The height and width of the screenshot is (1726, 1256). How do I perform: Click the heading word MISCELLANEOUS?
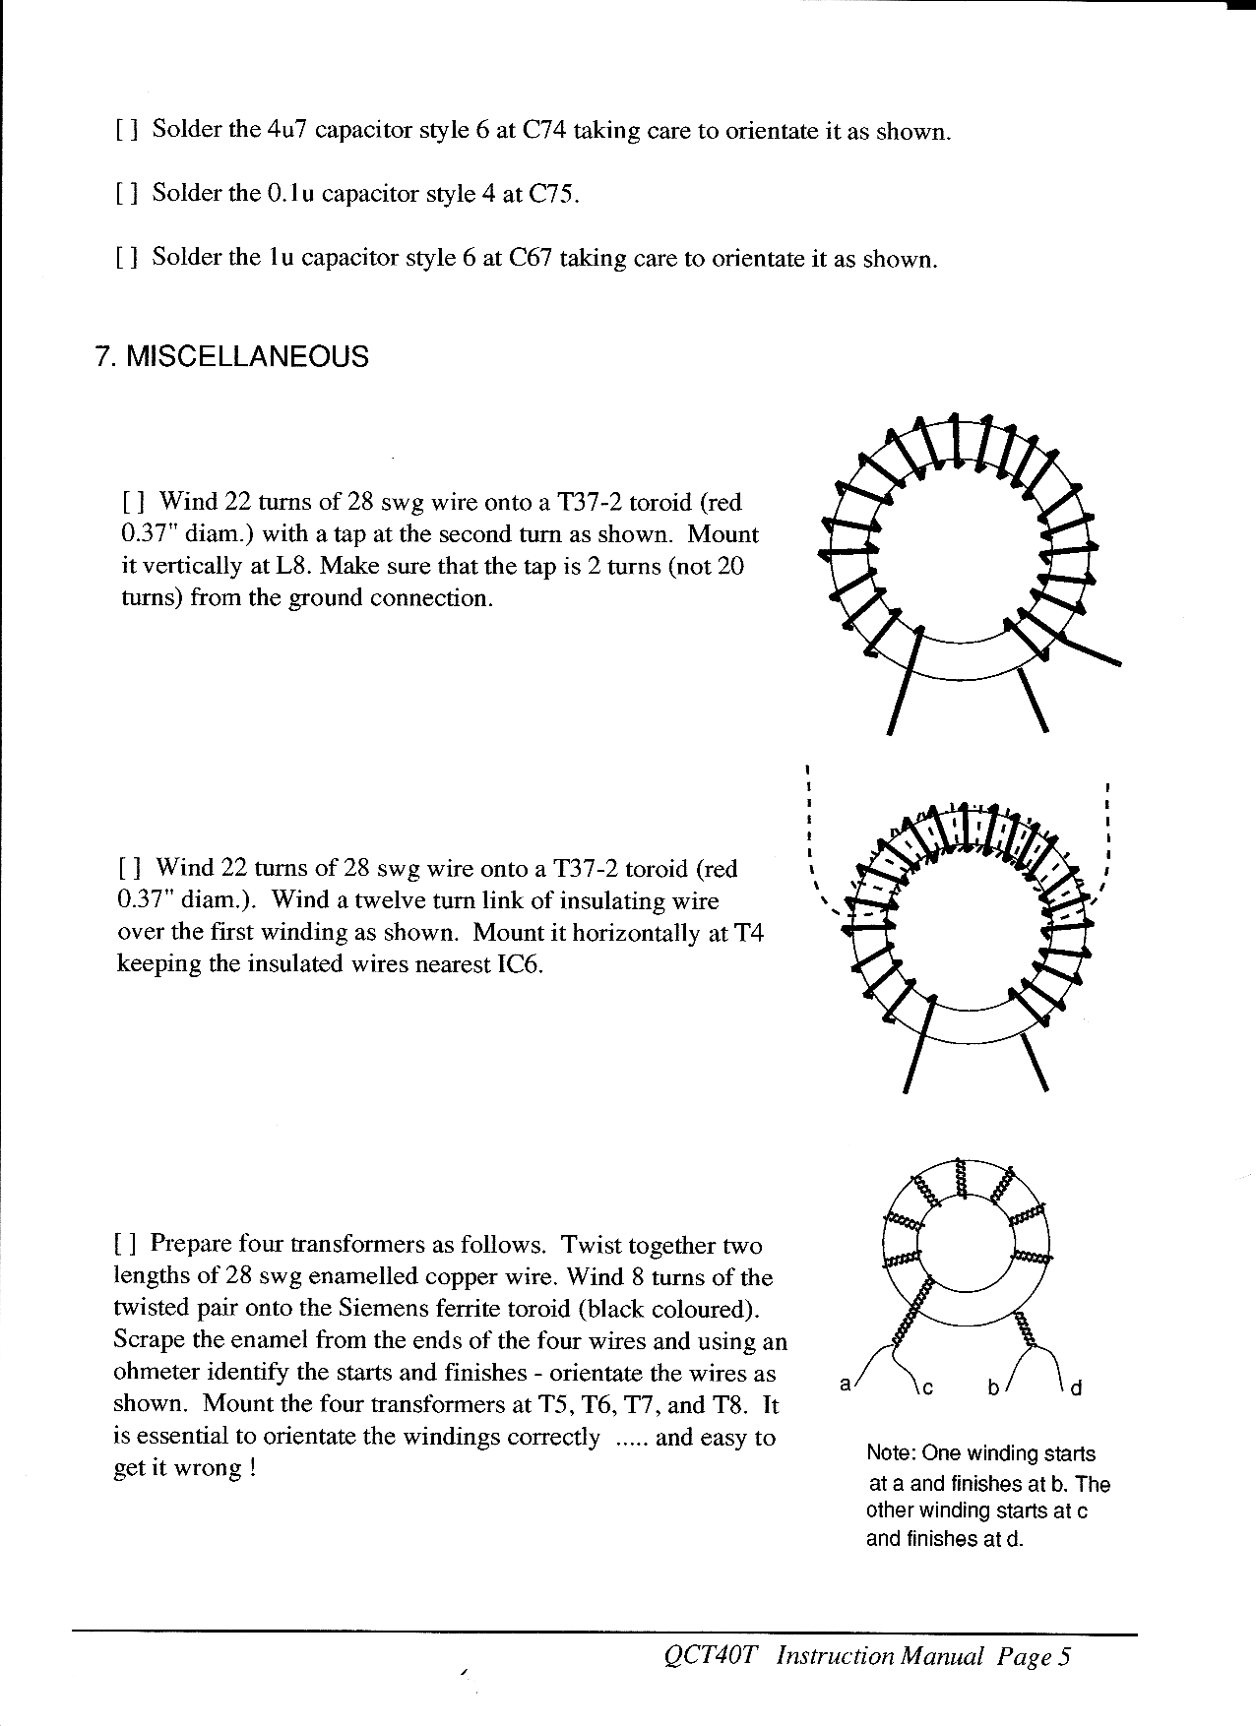click(248, 356)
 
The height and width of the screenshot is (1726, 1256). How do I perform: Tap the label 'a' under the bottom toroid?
click(845, 1384)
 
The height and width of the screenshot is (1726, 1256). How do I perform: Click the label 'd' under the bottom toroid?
click(1077, 1388)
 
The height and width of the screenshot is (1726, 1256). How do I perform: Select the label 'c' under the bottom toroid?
click(925, 1388)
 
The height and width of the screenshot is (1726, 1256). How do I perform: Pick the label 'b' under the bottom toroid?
click(994, 1387)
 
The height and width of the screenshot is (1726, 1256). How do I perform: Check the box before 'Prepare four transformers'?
click(125, 1245)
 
